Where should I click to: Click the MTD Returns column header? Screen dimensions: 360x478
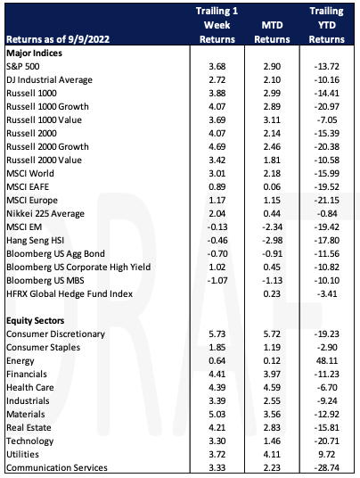(272, 32)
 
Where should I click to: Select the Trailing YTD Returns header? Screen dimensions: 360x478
(326, 25)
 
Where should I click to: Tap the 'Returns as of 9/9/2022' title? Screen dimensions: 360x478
(58, 39)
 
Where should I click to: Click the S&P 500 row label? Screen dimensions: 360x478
(23, 66)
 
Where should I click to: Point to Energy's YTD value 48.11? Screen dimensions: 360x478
(327, 360)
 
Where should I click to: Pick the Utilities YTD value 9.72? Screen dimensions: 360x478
(327, 454)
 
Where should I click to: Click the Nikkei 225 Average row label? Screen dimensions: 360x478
(45, 213)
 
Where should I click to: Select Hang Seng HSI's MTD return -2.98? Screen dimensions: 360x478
(273, 240)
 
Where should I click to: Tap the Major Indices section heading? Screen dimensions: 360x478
(34, 53)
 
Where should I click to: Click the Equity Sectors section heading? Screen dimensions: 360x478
(36, 320)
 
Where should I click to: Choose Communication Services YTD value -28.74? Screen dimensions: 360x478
(327, 467)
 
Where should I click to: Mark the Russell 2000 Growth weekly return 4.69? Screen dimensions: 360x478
(217, 146)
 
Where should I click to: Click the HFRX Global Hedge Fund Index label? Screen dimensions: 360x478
(70, 294)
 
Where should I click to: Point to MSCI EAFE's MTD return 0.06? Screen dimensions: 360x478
(272, 186)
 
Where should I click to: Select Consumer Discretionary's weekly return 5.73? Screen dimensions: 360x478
(217, 334)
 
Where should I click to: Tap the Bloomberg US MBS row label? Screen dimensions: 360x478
(45, 280)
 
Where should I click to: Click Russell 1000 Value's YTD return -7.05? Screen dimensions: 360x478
(327, 119)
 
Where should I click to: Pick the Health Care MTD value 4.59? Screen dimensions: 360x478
(272, 387)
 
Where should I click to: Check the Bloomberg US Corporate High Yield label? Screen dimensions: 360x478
(78, 267)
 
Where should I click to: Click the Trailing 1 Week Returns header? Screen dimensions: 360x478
(217, 25)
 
